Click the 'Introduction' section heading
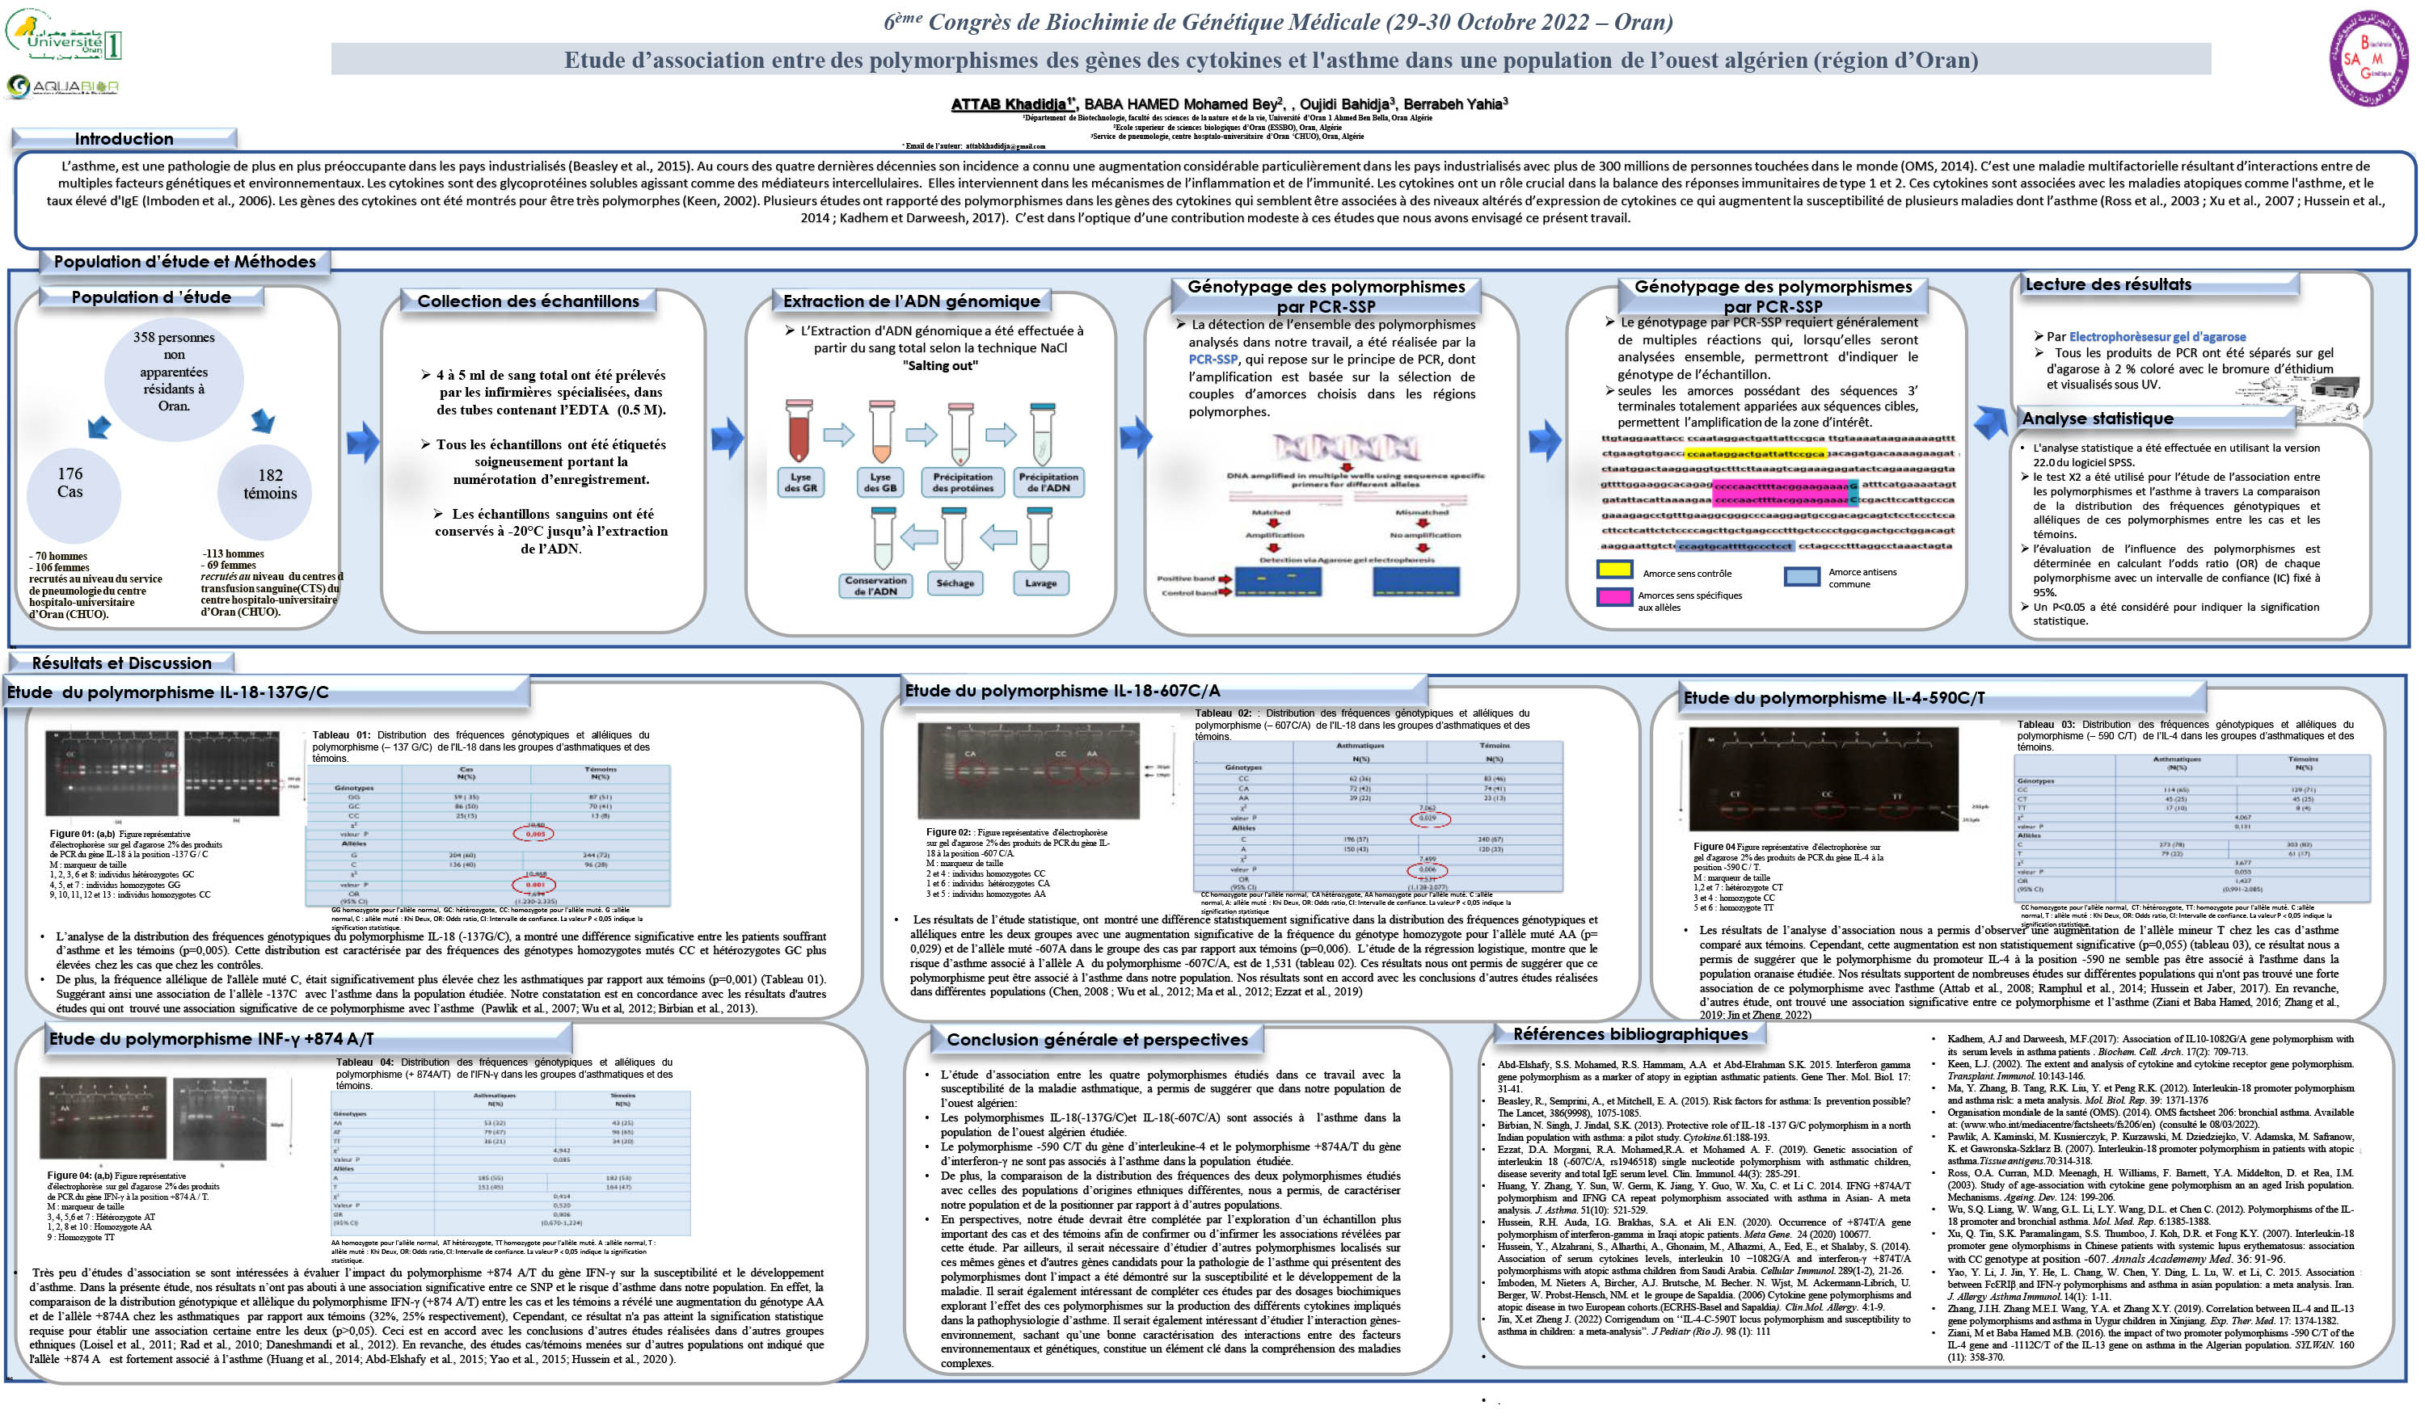(124, 138)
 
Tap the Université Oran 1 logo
(64, 36)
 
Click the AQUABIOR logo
(62, 87)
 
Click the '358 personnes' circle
(174, 372)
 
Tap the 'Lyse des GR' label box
(800, 482)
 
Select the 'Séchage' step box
(955, 583)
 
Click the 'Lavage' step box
(1040, 583)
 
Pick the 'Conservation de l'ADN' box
(875, 585)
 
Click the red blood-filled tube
(799, 433)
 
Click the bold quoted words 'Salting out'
(940, 366)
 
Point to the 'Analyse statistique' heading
(2097, 419)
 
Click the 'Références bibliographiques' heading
(1630, 1034)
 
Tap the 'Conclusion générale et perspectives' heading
(1097, 1040)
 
